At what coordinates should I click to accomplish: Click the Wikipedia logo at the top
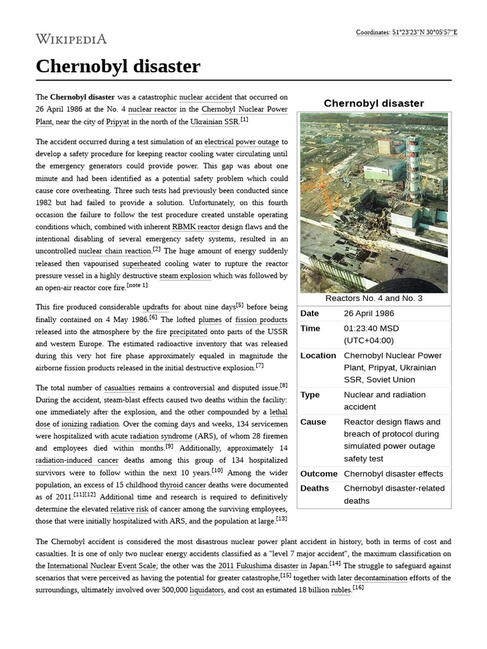point(71,39)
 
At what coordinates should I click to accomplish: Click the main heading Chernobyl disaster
point(118,66)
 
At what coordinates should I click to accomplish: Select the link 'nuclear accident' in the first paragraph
point(205,98)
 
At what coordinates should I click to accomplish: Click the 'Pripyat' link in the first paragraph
point(117,122)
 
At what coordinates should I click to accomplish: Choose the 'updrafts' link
point(156,307)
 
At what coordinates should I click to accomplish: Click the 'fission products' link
point(261,320)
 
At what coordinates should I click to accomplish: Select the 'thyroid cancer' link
point(183,485)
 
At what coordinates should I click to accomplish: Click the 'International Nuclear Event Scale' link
point(101,566)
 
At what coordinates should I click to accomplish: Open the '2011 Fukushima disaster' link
point(258,566)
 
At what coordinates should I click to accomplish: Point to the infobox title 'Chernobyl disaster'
point(373,103)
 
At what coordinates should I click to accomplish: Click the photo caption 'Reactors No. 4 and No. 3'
point(373,299)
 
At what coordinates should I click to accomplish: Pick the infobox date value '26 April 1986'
point(368,314)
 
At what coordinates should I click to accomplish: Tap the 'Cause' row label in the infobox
point(313,422)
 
